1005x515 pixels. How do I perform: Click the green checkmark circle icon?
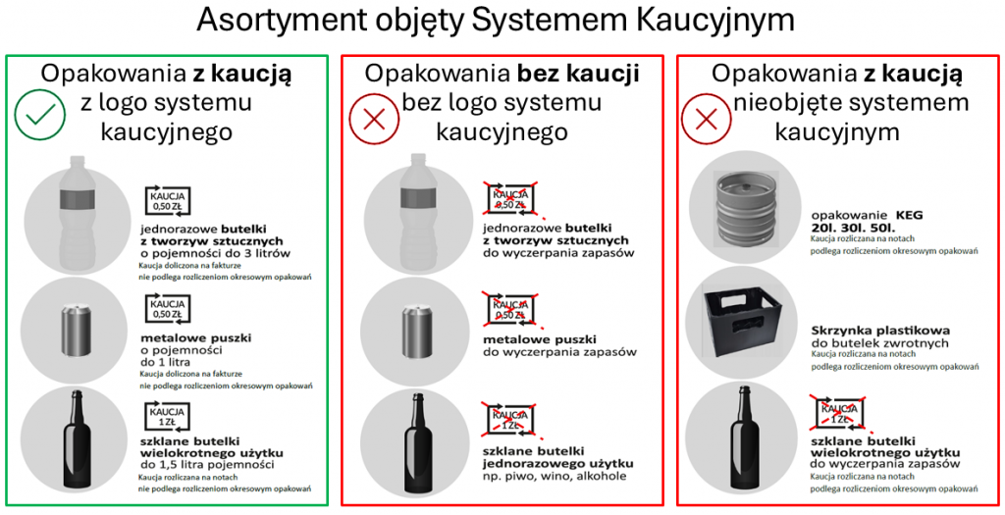tap(40, 116)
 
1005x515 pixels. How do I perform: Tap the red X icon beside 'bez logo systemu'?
tap(374, 121)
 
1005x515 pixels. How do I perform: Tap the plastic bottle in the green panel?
tap(76, 210)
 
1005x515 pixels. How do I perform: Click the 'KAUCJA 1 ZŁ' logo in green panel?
tap(167, 415)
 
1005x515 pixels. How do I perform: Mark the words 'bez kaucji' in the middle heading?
tap(578, 74)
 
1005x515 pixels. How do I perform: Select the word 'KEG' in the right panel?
tap(910, 213)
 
